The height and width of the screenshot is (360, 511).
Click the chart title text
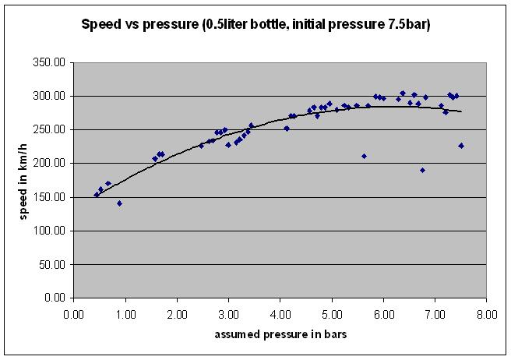pyautogui.click(x=256, y=24)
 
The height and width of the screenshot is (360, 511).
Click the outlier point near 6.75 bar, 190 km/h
pyautogui.click(x=422, y=170)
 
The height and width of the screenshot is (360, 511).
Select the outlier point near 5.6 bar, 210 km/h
pyautogui.click(x=364, y=156)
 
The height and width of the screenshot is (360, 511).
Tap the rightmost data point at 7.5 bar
pyautogui.click(x=461, y=146)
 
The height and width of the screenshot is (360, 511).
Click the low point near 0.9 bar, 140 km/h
pyautogui.click(x=119, y=203)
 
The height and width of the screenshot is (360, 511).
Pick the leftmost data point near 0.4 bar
pyautogui.click(x=97, y=195)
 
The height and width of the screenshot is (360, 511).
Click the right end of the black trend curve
pyautogui.click(x=461, y=112)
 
